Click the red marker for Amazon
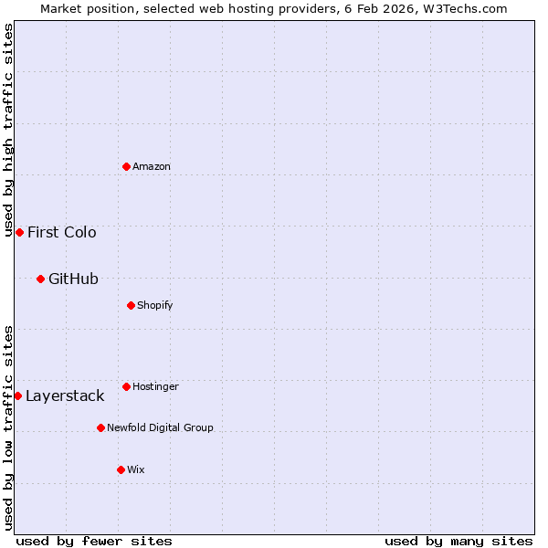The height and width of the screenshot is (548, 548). tap(126, 166)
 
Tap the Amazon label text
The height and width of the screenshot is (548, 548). tap(152, 167)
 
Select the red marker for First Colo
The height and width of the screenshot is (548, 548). tap(19, 232)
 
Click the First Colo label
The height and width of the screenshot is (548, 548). tap(62, 232)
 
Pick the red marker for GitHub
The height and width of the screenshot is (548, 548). tap(40, 279)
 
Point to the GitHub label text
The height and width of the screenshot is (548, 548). tap(73, 279)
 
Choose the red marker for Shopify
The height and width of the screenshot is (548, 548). tap(131, 305)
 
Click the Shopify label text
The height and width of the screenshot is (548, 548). tap(155, 305)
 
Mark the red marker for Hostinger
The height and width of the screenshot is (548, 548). tap(126, 386)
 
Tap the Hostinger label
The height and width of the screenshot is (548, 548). tap(155, 387)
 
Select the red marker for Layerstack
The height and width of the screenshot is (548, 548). tap(17, 395)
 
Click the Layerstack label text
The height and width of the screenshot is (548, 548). tap(65, 396)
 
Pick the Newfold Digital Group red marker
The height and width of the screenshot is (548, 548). tap(100, 427)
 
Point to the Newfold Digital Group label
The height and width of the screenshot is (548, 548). tap(160, 427)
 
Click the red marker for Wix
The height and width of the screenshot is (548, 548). tap(121, 469)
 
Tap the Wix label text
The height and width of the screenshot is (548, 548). tap(136, 469)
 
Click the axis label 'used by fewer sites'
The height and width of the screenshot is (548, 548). tap(94, 541)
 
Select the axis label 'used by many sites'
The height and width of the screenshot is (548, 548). tap(458, 541)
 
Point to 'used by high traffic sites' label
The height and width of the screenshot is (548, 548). tap(8, 130)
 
